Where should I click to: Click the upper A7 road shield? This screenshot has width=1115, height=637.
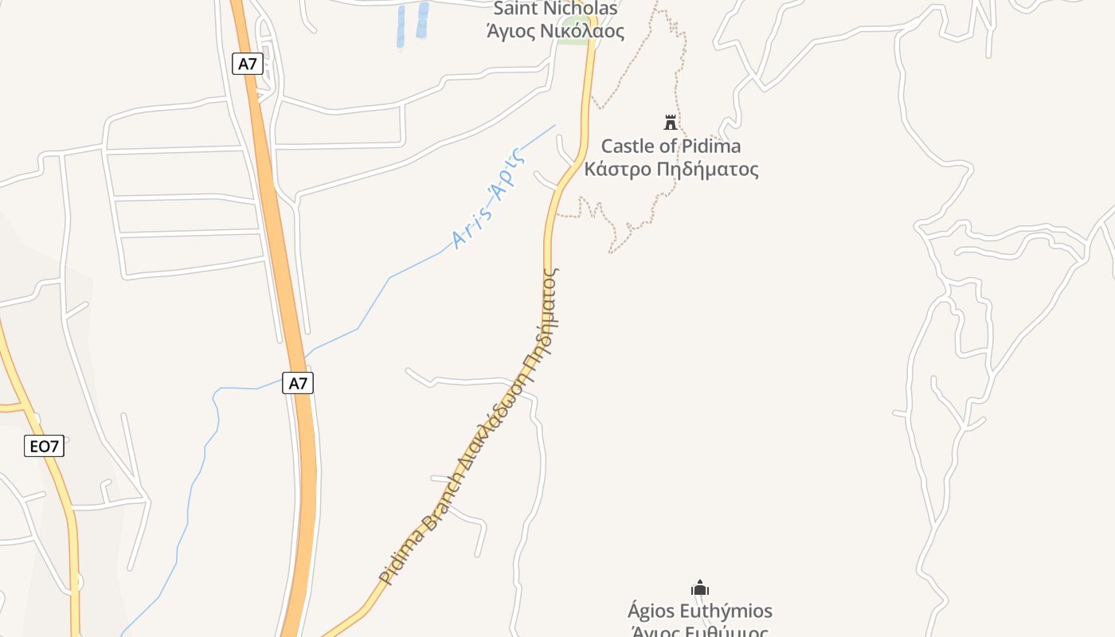(x=248, y=64)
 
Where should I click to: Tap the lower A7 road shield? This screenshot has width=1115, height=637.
(x=298, y=383)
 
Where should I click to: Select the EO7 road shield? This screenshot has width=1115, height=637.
(x=44, y=446)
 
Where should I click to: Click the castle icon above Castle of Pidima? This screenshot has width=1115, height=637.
(x=671, y=123)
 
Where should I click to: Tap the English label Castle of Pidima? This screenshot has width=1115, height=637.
(x=671, y=146)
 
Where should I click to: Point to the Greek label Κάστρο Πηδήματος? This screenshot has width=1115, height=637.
(x=671, y=170)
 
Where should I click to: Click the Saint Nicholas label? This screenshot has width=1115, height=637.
(x=555, y=9)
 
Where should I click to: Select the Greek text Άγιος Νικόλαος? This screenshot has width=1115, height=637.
(x=555, y=32)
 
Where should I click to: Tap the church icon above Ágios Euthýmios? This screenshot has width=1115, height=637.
(x=700, y=588)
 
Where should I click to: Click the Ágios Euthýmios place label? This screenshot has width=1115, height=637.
(x=700, y=611)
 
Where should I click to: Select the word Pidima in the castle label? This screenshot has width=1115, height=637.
(x=711, y=146)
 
